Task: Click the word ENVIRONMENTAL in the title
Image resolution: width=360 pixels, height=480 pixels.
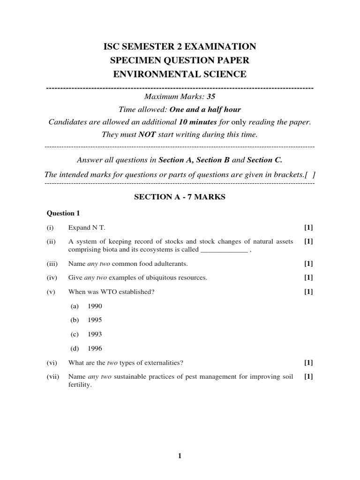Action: [148, 74]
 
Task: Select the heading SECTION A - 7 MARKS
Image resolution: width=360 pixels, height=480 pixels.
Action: [180, 197]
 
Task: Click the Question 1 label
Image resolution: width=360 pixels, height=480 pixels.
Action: [63, 213]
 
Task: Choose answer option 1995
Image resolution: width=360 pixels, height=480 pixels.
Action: [94, 320]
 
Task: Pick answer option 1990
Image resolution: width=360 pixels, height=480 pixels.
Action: [94, 306]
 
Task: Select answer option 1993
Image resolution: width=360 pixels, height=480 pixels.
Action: [94, 334]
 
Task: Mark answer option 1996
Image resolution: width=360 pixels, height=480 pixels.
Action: [94, 348]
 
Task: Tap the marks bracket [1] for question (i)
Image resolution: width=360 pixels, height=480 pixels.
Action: [308, 227]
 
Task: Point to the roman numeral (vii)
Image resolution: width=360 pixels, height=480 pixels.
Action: [52, 376]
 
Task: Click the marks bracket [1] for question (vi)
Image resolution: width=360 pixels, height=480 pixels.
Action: [308, 362]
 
